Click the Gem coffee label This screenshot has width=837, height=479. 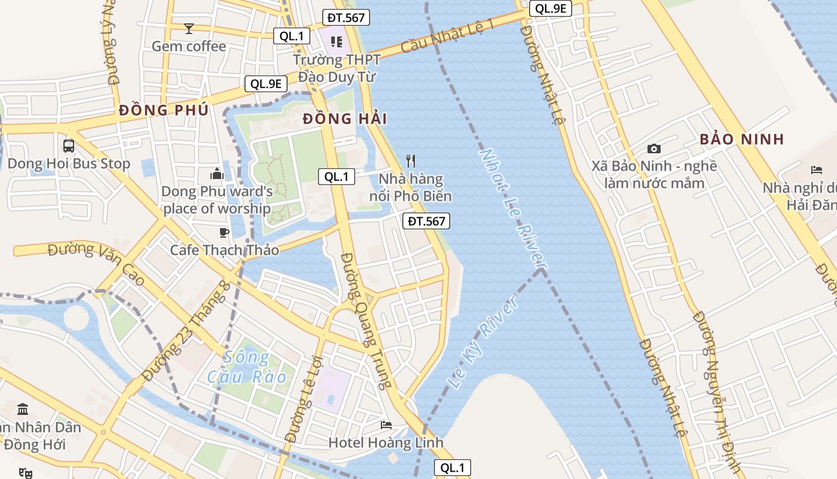point(189,46)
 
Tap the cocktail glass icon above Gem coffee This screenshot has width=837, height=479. point(189,28)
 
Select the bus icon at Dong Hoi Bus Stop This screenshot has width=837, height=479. point(69,145)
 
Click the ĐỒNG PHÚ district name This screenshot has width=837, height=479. point(163,110)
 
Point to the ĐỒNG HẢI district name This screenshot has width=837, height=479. point(344,119)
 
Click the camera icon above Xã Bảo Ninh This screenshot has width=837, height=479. point(654,148)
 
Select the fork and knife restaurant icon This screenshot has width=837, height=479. point(410,160)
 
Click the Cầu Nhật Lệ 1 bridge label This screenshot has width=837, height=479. point(448,35)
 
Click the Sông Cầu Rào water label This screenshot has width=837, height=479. point(247,368)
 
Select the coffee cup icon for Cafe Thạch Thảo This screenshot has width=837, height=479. point(224,232)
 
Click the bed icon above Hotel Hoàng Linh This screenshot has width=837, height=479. point(386,425)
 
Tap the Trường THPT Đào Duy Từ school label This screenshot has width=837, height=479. point(336,68)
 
